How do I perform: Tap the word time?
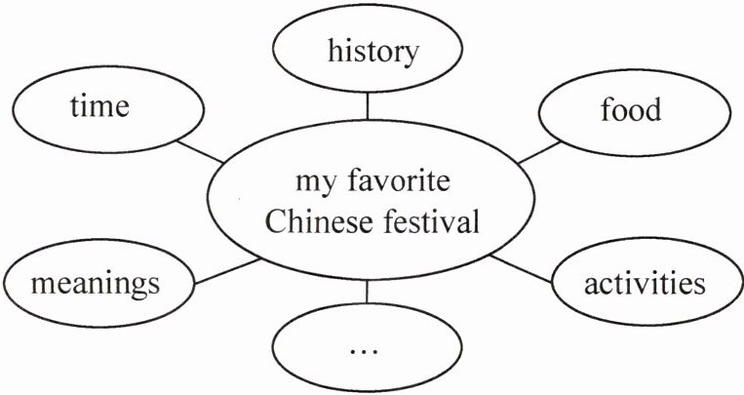[x=99, y=105]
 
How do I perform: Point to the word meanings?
[x=95, y=284]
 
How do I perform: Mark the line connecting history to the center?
[x=368, y=104]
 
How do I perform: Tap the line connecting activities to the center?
[x=522, y=268]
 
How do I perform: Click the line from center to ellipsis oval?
[x=368, y=292]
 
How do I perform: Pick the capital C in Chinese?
[x=274, y=223]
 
